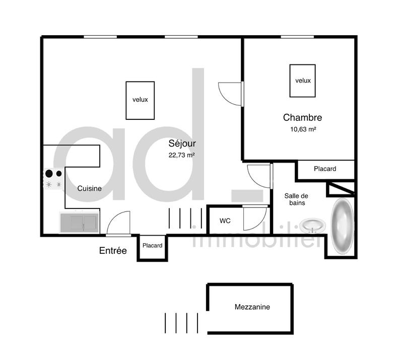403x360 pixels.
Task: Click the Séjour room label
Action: coord(182,143)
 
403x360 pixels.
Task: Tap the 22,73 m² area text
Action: coord(182,155)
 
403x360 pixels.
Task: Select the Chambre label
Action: coord(302,118)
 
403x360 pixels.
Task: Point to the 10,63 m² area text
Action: coord(302,129)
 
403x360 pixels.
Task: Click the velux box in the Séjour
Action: coord(140,100)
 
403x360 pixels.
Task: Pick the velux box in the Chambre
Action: coord(303,81)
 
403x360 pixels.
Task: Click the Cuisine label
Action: coord(89,189)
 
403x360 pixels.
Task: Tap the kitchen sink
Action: coord(79,222)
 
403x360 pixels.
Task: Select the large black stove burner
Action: coord(49,174)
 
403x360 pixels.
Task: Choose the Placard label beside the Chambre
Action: coord(325,169)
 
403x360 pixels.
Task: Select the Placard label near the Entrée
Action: coord(152,246)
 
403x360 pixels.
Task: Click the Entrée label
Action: coord(113,251)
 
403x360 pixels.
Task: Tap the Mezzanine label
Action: coord(252,307)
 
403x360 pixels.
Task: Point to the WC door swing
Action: coord(254,219)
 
